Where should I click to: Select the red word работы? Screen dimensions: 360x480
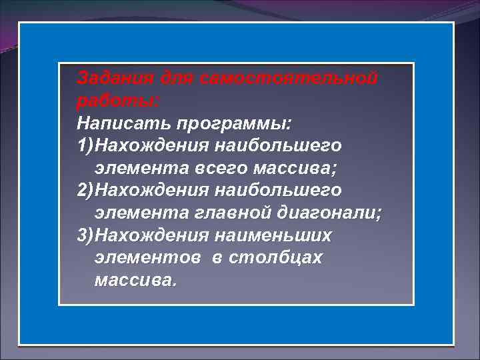pyautogui.click(x=119, y=101)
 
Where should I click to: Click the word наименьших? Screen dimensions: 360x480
pyautogui.click(x=273, y=235)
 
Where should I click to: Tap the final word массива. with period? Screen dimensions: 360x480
pyautogui.click(x=136, y=280)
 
